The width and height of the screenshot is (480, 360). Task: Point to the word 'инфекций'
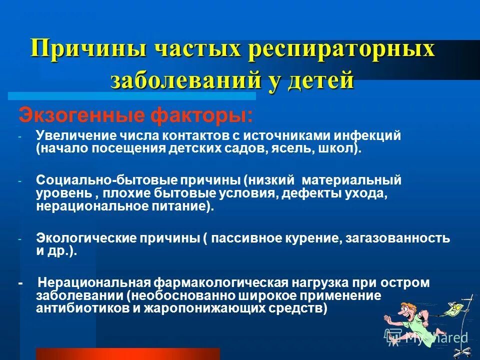[x=370, y=136]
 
